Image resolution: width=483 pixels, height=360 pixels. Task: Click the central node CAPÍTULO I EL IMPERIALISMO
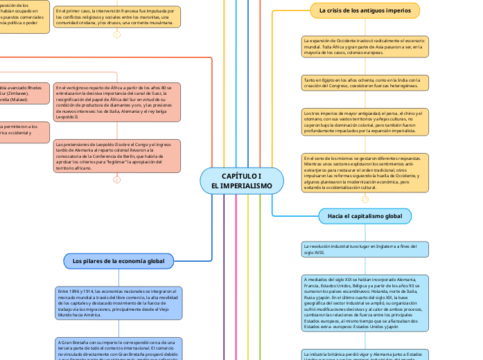pyautogui.click(x=242, y=181)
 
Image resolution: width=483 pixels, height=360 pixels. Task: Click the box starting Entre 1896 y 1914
pyautogui.click(x=118, y=303)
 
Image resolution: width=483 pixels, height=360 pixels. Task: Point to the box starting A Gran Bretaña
pyautogui.click(x=118, y=349)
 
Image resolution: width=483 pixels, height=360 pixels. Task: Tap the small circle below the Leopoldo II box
pyautogui.click(x=116, y=180)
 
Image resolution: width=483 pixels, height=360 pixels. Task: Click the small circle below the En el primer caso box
pyautogui.click(x=116, y=34)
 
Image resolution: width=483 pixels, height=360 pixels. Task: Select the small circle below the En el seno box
pyautogui.click(x=365, y=199)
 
